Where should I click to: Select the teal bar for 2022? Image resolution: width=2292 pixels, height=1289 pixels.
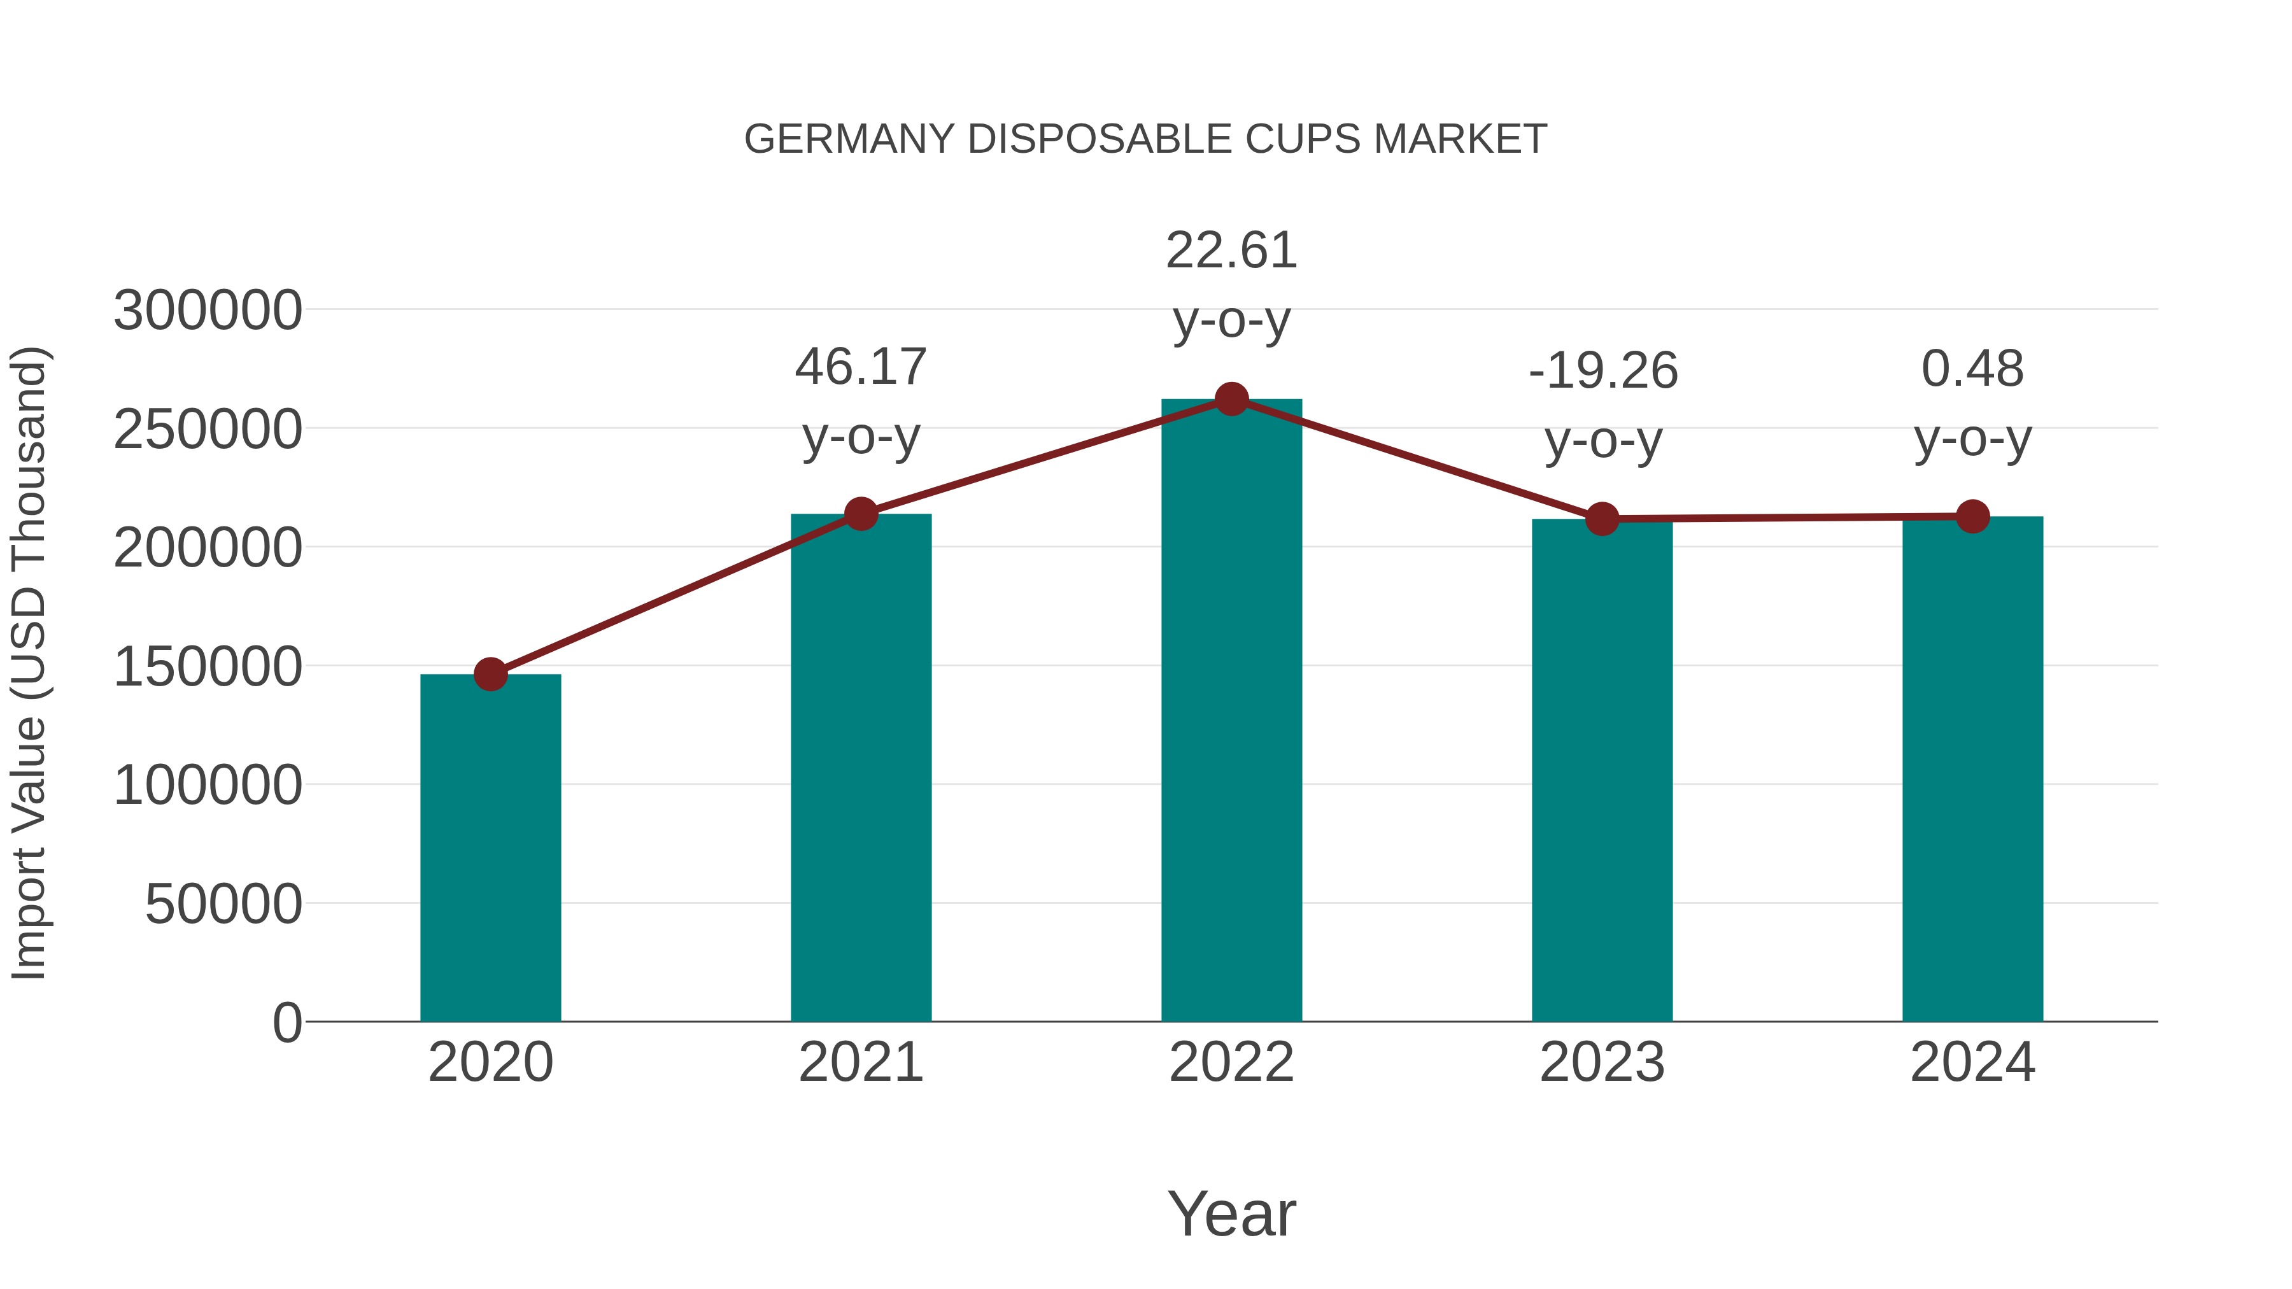(x=1231, y=712)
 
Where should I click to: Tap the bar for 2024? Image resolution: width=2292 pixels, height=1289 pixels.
(x=1972, y=770)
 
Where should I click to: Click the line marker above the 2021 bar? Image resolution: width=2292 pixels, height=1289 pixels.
(x=860, y=513)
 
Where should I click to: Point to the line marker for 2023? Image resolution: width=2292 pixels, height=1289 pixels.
(x=1602, y=519)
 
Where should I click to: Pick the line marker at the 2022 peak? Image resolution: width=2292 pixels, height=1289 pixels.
(x=1231, y=399)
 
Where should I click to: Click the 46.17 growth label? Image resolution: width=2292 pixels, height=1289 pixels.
(x=860, y=367)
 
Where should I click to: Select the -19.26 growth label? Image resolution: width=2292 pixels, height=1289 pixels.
(x=1602, y=371)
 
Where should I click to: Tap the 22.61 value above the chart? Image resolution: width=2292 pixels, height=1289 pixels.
(x=1231, y=251)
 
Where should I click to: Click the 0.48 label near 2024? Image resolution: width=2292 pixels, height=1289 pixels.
(x=1972, y=369)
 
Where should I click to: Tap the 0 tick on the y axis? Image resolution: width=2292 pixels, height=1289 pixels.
(x=286, y=1023)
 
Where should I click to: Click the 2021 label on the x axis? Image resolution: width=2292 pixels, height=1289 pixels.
(x=860, y=1063)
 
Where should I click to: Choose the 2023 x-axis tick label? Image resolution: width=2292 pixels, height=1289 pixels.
(x=1602, y=1063)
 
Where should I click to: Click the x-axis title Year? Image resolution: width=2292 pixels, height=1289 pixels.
(x=1231, y=1215)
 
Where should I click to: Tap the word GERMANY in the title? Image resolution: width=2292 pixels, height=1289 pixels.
(x=850, y=139)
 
